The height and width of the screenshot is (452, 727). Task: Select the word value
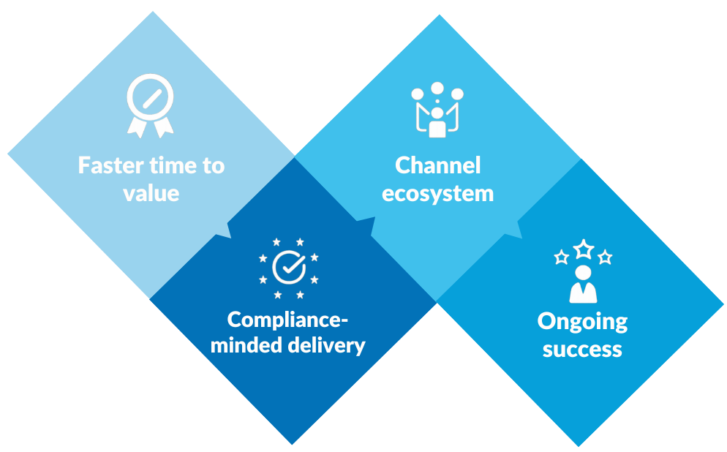click(151, 194)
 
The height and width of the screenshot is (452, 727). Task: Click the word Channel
click(437, 166)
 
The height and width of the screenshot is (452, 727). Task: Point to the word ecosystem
click(437, 194)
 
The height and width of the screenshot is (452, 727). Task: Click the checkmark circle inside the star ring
click(289, 268)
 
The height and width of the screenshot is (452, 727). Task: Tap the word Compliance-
click(288, 320)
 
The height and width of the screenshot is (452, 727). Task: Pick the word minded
click(244, 345)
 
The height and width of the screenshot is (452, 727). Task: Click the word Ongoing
click(582, 321)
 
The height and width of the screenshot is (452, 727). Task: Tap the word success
click(582, 349)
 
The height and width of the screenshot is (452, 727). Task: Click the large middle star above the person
click(583, 249)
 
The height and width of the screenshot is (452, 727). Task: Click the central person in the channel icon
click(437, 122)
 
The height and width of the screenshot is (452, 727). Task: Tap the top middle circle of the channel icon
click(437, 88)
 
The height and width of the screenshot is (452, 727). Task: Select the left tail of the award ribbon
click(137, 127)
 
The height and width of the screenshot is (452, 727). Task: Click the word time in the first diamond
click(182, 166)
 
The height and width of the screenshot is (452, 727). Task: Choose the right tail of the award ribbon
click(164, 127)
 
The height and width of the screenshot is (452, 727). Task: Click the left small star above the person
click(562, 257)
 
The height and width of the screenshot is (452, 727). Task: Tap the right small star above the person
click(605, 257)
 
